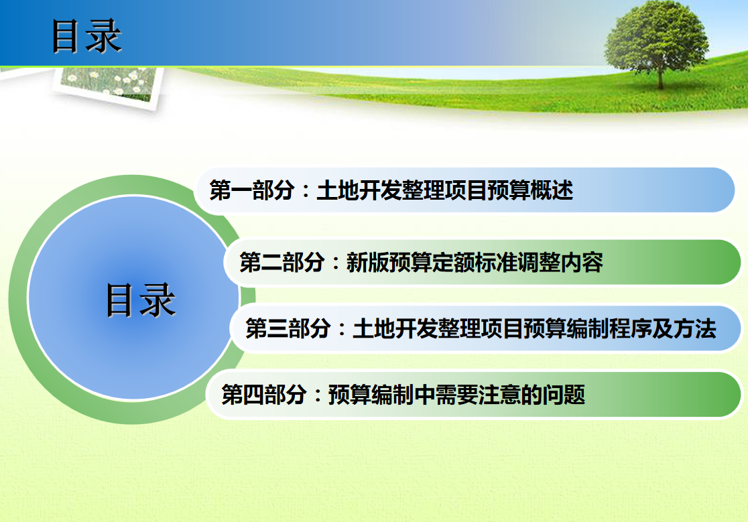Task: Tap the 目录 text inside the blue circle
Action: point(141,300)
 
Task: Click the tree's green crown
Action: point(656,38)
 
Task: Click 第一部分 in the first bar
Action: point(252,190)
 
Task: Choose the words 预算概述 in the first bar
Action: point(530,190)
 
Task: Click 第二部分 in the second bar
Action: point(282,263)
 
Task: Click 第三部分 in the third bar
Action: point(288,328)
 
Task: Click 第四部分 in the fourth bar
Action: point(263,395)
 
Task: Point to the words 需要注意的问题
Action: point(510,395)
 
